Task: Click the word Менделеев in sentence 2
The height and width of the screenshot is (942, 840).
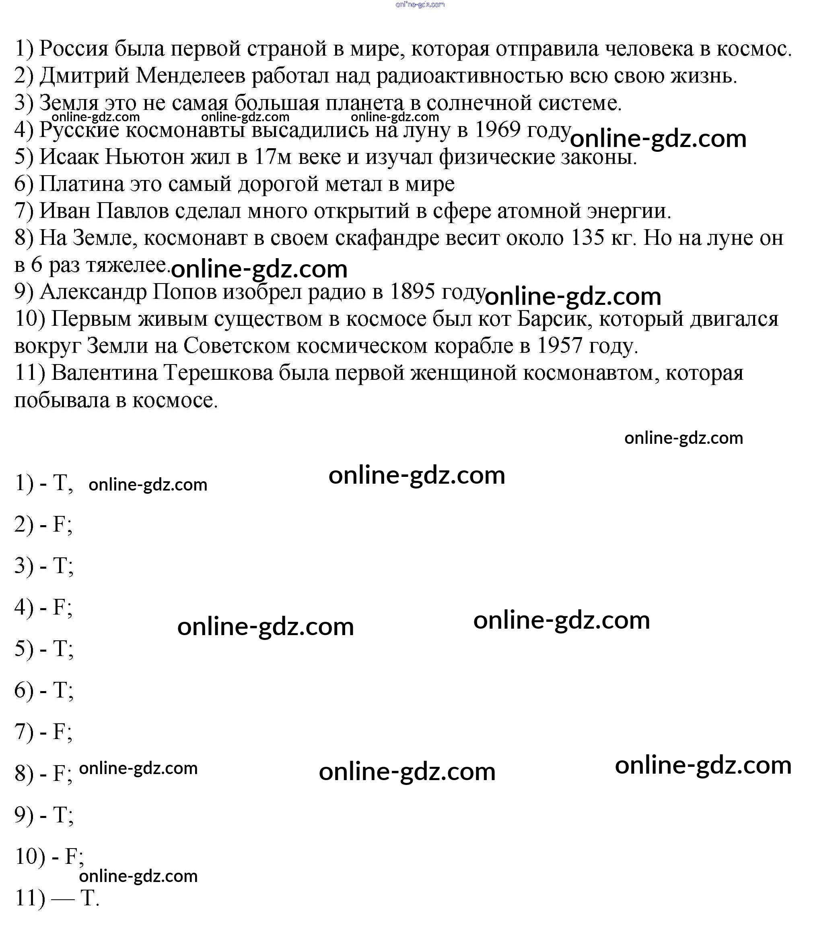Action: [190, 76]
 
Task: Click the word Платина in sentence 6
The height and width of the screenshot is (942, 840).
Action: [82, 184]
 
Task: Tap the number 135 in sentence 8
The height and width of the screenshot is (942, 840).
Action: [587, 238]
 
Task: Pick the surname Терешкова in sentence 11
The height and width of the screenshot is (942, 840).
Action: [218, 373]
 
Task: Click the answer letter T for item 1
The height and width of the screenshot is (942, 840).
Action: [60, 483]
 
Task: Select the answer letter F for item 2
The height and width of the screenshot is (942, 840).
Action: [60, 525]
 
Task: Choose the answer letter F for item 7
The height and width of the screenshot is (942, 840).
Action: [60, 732]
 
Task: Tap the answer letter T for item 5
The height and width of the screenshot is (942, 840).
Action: [60, 649]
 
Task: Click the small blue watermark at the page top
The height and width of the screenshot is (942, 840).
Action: [420, 4]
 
